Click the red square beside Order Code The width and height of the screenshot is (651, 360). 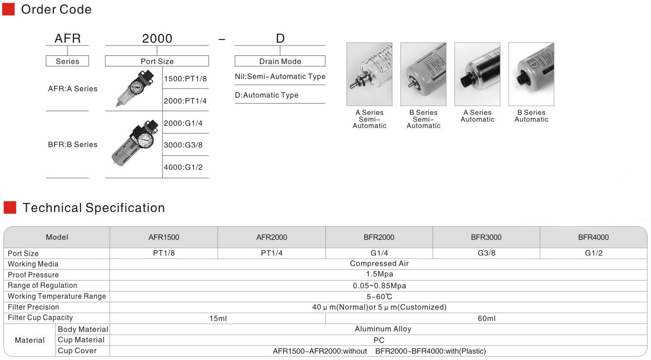pos(8,9)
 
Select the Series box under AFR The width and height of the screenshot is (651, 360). pos(67,61)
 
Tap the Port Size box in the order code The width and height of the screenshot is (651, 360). pos(157,61)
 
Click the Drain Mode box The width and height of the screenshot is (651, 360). pos(280,61)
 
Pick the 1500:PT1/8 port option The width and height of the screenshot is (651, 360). pos(185,78)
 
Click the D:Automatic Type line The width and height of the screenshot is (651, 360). pos(267,95)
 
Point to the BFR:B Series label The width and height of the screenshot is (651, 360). pos(73,144)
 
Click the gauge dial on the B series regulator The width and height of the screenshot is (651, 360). pos(146,140)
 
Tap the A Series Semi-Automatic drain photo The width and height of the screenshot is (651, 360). pos(369,74)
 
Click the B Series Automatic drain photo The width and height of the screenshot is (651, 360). pos(531,74)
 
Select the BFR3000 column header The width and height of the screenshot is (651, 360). pos(486,237)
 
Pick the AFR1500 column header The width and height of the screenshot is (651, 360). pos(164,237)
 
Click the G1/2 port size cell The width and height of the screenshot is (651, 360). pos(593,253)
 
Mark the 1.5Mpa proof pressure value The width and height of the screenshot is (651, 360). pos(379,274)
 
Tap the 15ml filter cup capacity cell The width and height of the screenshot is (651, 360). pos(218,318)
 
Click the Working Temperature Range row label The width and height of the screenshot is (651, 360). pos(57,296)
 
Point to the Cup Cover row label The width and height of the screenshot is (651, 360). pos(77,351)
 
